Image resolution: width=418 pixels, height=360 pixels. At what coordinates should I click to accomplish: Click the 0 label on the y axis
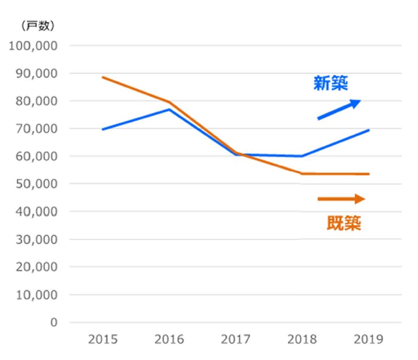click(x=54, y=323)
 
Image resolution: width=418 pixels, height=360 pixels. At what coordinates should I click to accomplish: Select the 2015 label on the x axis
click(x=103, y=339)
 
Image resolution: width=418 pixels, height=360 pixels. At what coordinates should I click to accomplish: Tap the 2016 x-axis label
click(x=169, y=339)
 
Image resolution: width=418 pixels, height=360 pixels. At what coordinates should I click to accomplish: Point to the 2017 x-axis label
click(x=236, y=339)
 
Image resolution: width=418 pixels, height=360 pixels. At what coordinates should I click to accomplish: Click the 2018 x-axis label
click(x=302, y=339)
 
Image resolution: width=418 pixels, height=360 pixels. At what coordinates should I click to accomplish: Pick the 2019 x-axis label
click(x=369, y=339)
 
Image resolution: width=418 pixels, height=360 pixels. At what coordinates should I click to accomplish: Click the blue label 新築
click(x=331, y=84)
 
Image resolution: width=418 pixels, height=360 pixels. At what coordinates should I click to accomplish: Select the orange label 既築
click(x=344, y=223)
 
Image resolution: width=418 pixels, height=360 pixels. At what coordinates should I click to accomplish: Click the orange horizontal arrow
click(x=341, y=199)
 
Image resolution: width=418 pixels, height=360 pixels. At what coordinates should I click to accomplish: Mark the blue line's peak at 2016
click(x=169, y=109)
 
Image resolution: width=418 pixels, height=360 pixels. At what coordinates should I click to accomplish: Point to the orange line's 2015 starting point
click(x=103, y=77)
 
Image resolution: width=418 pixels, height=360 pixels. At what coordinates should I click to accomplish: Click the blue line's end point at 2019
click(x=369, y=130)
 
